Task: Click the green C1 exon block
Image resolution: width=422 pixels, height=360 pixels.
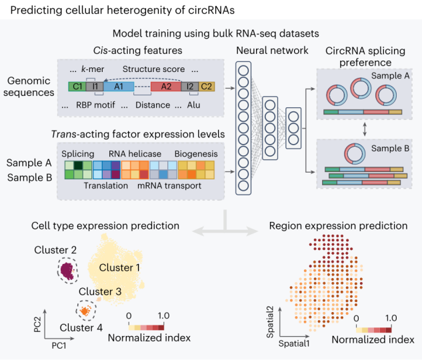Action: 77,87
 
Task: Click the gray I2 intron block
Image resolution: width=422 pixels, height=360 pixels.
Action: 191,87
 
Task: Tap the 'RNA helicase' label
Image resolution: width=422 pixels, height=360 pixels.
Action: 135,154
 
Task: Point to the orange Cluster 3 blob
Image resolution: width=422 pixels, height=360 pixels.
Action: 85,311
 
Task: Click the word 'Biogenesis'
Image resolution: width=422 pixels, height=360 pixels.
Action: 196,154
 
